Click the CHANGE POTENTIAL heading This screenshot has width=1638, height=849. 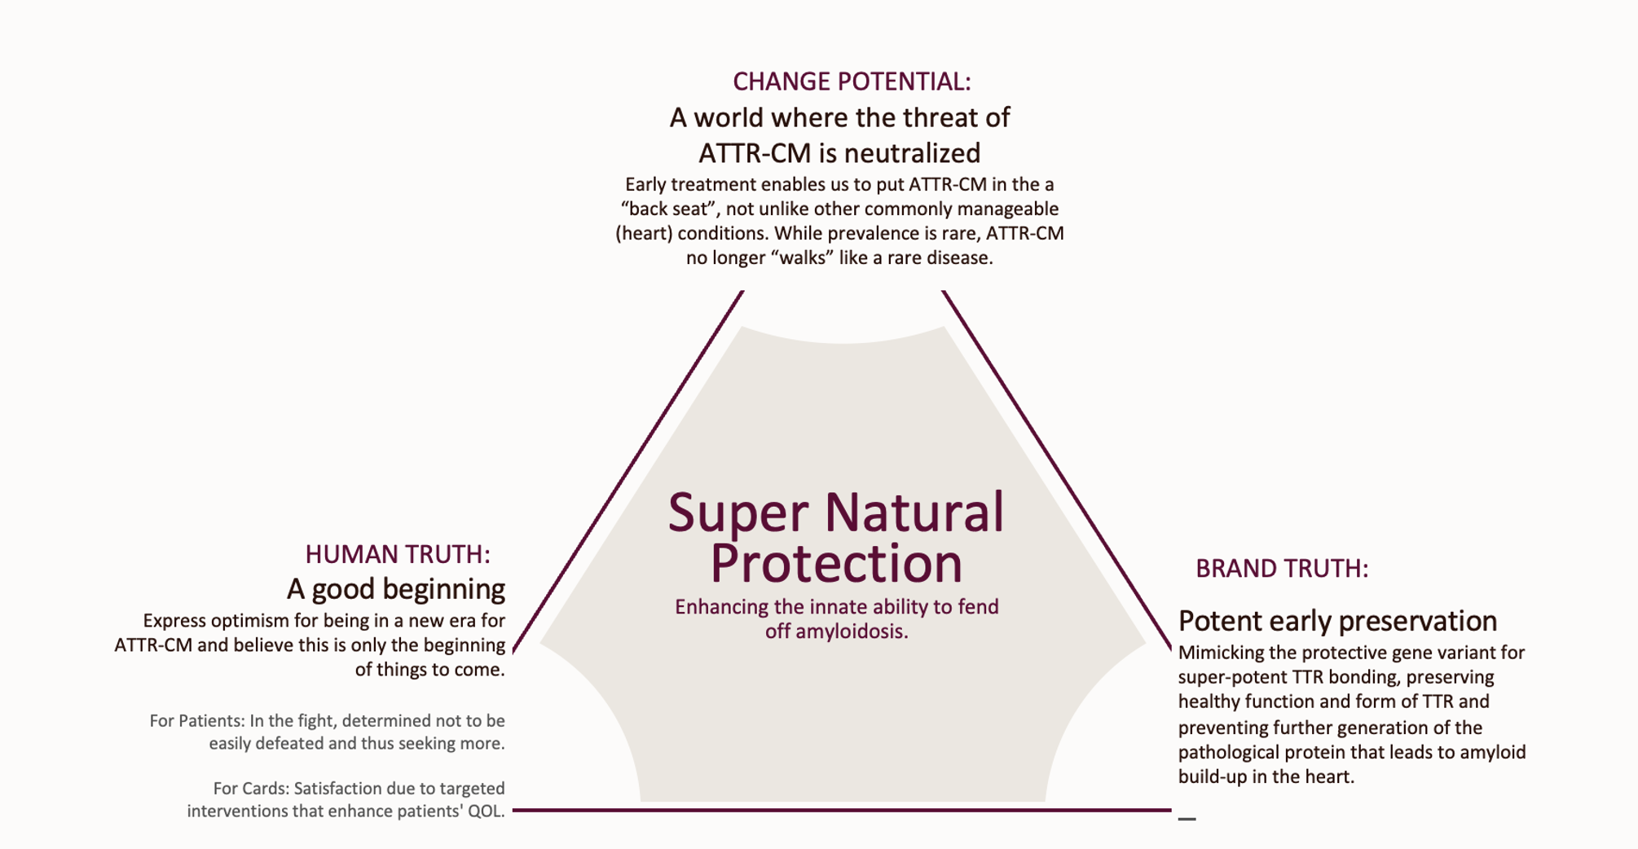[852, 82]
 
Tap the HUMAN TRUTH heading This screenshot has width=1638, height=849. [398, 555]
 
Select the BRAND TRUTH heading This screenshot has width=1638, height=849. [1281, 569]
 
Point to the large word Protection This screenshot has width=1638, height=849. [836, 563]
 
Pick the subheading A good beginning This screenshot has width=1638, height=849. [396, 589]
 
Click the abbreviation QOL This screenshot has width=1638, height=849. [486, 812]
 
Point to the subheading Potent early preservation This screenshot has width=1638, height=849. [1337, 622]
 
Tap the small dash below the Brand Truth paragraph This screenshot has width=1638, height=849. [1187, 819]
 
